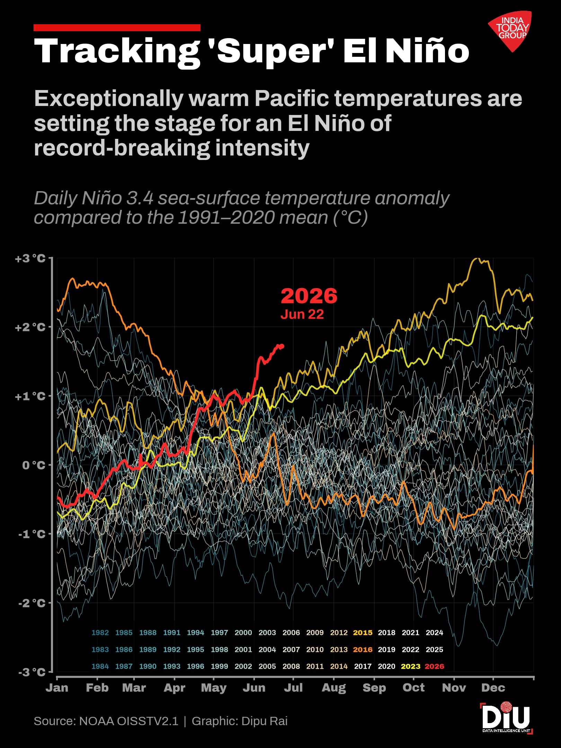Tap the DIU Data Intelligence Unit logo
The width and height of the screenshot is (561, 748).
pyautogui.click(x=506, y=718)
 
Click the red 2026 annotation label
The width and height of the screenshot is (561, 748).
pyautogui.click(x=309, y=296)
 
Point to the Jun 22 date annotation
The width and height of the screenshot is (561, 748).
pyautogui.click(x=302, y=314)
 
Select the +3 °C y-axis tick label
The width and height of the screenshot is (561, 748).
pyautogui.click(x=30, y=258)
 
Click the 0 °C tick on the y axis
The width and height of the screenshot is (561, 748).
pyautogui.click(x=34, y=465)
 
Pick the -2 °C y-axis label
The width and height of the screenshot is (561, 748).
pyautogui.click(x=32, y=603)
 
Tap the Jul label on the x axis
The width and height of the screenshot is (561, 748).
pyautogui.click(x=293, y=687)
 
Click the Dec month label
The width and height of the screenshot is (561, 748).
pyautogui.click(x=493, y=687)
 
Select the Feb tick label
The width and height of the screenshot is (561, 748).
pyautogui.click(x=97, y=687)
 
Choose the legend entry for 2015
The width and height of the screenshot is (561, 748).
pyautogui.click(x=363, y=633)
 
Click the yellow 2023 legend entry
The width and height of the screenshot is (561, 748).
pyautogui.click(x=410, y=666)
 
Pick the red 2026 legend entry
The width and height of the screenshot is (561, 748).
pyautogui.click(x=434, y=666)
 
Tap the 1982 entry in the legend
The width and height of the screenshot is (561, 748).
pyautogui.click(x=100, y=633)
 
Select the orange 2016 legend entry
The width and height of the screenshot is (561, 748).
pyautogui.click(x=363, y=650)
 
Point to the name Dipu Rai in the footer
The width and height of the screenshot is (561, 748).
pyautogui.click(x=264, y=721)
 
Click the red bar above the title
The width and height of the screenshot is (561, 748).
pyautogui.click(x=117, y=28)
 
